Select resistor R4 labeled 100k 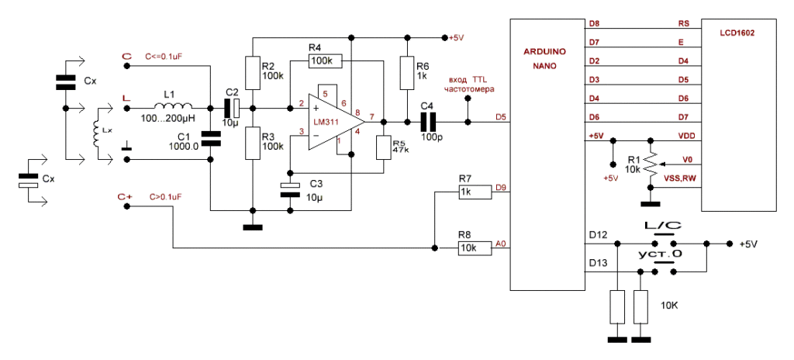point(320,61)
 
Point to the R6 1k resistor point(404,73)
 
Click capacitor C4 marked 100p point(429,122)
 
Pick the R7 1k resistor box point(475,191)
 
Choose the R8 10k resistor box point(475,248)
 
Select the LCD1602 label point(736,33)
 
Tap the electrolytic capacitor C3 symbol point(289,188)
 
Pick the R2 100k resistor point(250,73)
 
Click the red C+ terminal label point(125,198)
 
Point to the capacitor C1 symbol point(210,139)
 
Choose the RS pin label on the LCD point(683,24)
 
